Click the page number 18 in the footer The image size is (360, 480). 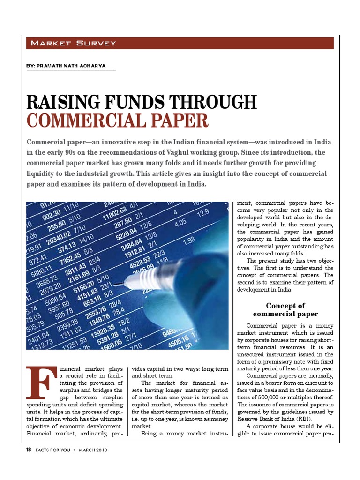pos(29,450)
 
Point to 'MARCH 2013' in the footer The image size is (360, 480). pos(93,450)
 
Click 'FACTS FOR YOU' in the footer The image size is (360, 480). pos(53,450)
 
